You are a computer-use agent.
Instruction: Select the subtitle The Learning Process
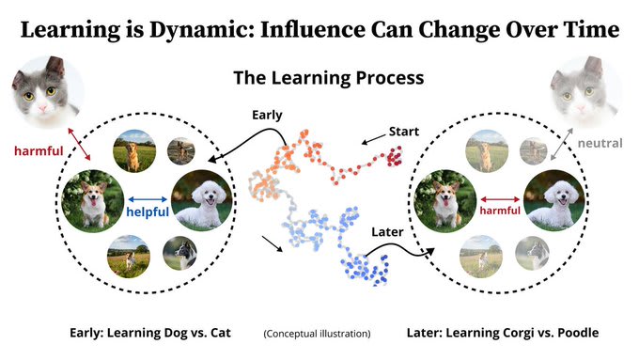[x=329, y=77]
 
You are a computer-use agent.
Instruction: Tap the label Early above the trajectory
[x=267, y=115]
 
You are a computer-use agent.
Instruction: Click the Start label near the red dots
[x=403, y=132]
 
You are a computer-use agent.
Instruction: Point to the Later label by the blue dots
[x=387, y=232]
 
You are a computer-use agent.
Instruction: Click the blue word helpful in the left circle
[x=148, y=212]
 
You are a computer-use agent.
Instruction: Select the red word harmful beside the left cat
[x=39, y=151]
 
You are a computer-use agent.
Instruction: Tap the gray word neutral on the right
[x=600, y=143]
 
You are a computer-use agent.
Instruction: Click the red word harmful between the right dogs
[x=500, y=211]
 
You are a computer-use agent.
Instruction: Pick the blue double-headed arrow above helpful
[x=148, y=199]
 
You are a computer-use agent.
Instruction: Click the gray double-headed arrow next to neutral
[x=562, y=145]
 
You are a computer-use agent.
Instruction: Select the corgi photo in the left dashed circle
[x=92, y=201]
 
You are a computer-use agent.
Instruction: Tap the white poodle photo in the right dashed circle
[x=554, y=200]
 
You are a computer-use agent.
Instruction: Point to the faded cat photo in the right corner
[x=584, y=92]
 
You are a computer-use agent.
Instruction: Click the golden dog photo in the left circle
[x=134, y=150]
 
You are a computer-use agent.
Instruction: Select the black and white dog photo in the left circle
[x=179, y=253]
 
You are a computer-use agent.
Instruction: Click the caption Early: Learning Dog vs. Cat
[x=150, y=333]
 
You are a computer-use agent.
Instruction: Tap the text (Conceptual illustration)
[x=317, y=334]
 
